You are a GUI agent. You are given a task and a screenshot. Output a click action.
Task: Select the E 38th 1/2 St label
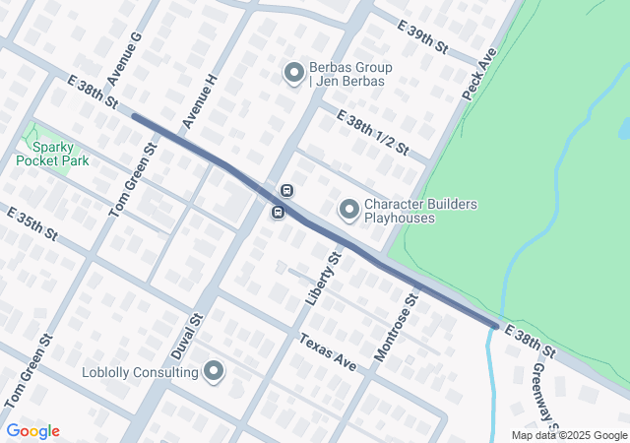click(372, 131)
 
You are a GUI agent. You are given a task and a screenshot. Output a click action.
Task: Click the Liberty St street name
click(323, 278)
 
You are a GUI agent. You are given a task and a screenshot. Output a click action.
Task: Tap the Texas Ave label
click(328, 350)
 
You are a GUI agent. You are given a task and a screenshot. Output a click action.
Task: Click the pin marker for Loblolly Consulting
click(214, 371)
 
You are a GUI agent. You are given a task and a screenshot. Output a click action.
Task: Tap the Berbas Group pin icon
click(293, 72)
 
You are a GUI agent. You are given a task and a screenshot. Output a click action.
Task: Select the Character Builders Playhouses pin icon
click(348, 210)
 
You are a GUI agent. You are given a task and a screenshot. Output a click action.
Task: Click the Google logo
click(32, 431)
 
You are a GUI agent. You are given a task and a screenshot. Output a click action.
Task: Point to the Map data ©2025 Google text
click(569, 435)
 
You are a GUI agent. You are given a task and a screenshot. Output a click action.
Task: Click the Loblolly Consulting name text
click(139, 372)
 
